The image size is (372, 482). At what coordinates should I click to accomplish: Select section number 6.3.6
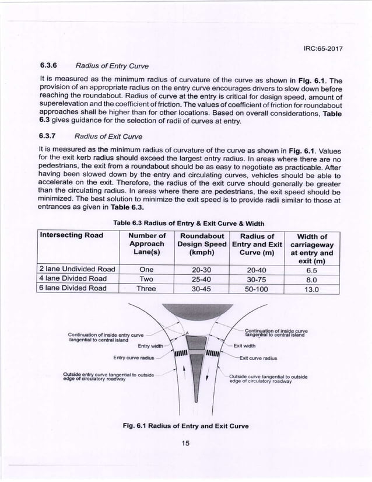coord(50,66)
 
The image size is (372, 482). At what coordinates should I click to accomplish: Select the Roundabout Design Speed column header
coord(203,245)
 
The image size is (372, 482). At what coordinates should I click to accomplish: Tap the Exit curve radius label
coord(258,358)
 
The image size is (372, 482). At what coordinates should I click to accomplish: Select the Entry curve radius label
coord(133,357)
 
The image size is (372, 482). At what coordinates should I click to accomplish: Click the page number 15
coord(186,443)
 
